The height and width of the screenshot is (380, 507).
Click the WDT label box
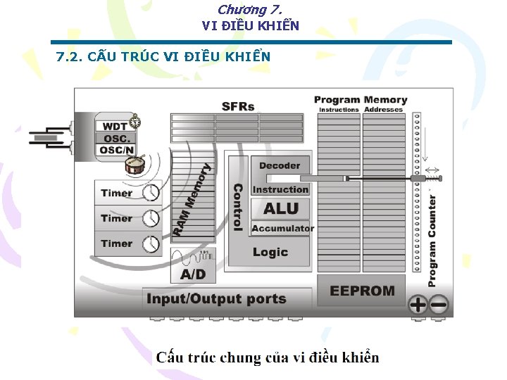[x=115, y=127]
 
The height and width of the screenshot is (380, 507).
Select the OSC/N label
[x=115, y=150]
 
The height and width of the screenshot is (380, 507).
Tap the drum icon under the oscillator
[x=137, y=166]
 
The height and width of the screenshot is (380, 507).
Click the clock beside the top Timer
[x=151, y=194]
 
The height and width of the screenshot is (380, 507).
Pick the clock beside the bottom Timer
[x=151, y=244]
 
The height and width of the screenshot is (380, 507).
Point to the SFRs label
[x=238, y=107]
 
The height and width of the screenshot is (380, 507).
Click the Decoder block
[x=280, y=166]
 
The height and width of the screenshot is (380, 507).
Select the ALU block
[x=280, y=208]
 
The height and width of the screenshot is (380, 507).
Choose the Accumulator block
[x=282, y=228]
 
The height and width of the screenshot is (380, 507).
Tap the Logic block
[x=270, y=252]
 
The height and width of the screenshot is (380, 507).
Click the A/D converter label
[x=193, y=273]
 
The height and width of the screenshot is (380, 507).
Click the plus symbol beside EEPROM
[x=418, y=305]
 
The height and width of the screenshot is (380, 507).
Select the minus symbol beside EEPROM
[x=439, y=305]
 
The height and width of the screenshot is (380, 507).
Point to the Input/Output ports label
[x=216, y=299]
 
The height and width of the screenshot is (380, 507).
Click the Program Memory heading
[x=361, y=100]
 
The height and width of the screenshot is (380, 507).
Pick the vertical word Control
[x=238, y=208]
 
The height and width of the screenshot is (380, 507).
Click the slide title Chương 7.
[x=250, y=10]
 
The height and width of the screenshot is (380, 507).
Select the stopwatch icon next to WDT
[x=134, y=122]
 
